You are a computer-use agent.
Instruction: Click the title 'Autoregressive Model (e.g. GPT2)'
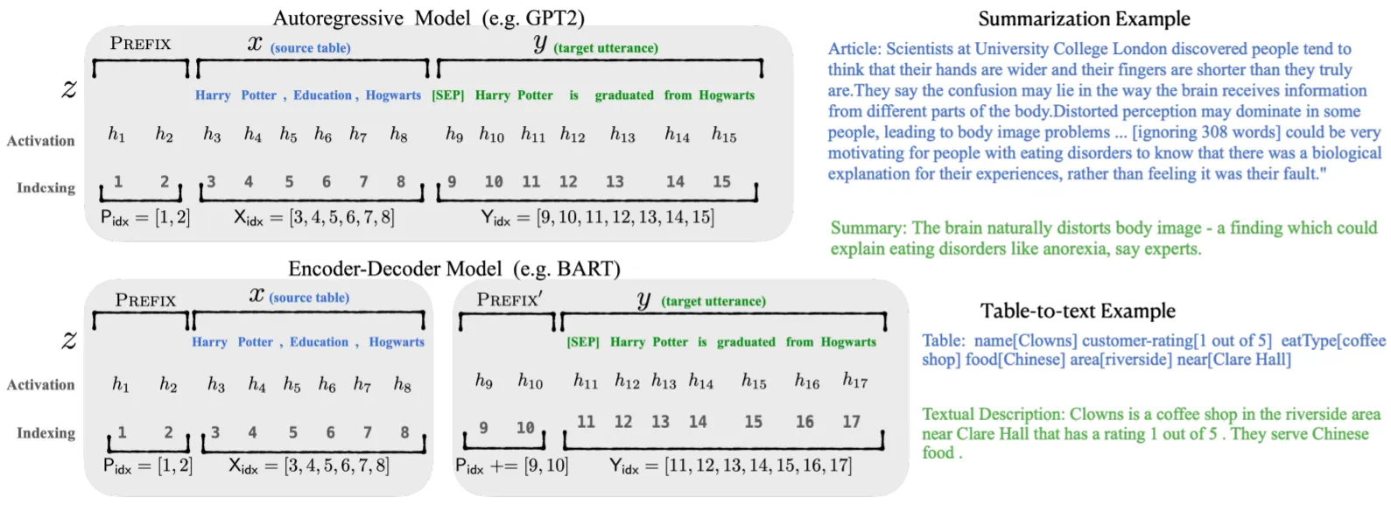[x=428, y=18]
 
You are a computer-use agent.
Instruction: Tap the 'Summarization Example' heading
[x=1084, y=18]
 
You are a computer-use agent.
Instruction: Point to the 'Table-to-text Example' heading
[x=1077, y=311]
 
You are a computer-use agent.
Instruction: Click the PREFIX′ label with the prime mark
[x=509, y=299]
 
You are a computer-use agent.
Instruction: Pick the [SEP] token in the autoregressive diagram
[x=447, y=95]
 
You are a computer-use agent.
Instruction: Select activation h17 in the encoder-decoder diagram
[x=854, y=380]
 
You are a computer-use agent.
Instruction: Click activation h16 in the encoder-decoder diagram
[x=806, y=381]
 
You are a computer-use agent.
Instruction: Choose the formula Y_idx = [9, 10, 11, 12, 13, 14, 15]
[x=597, y=217]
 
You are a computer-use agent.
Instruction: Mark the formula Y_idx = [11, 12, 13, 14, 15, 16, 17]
[x=730, y=465]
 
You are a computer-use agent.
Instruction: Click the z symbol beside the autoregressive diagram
[x=69, y=88]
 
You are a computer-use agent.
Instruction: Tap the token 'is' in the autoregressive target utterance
[x=574, y=95]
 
